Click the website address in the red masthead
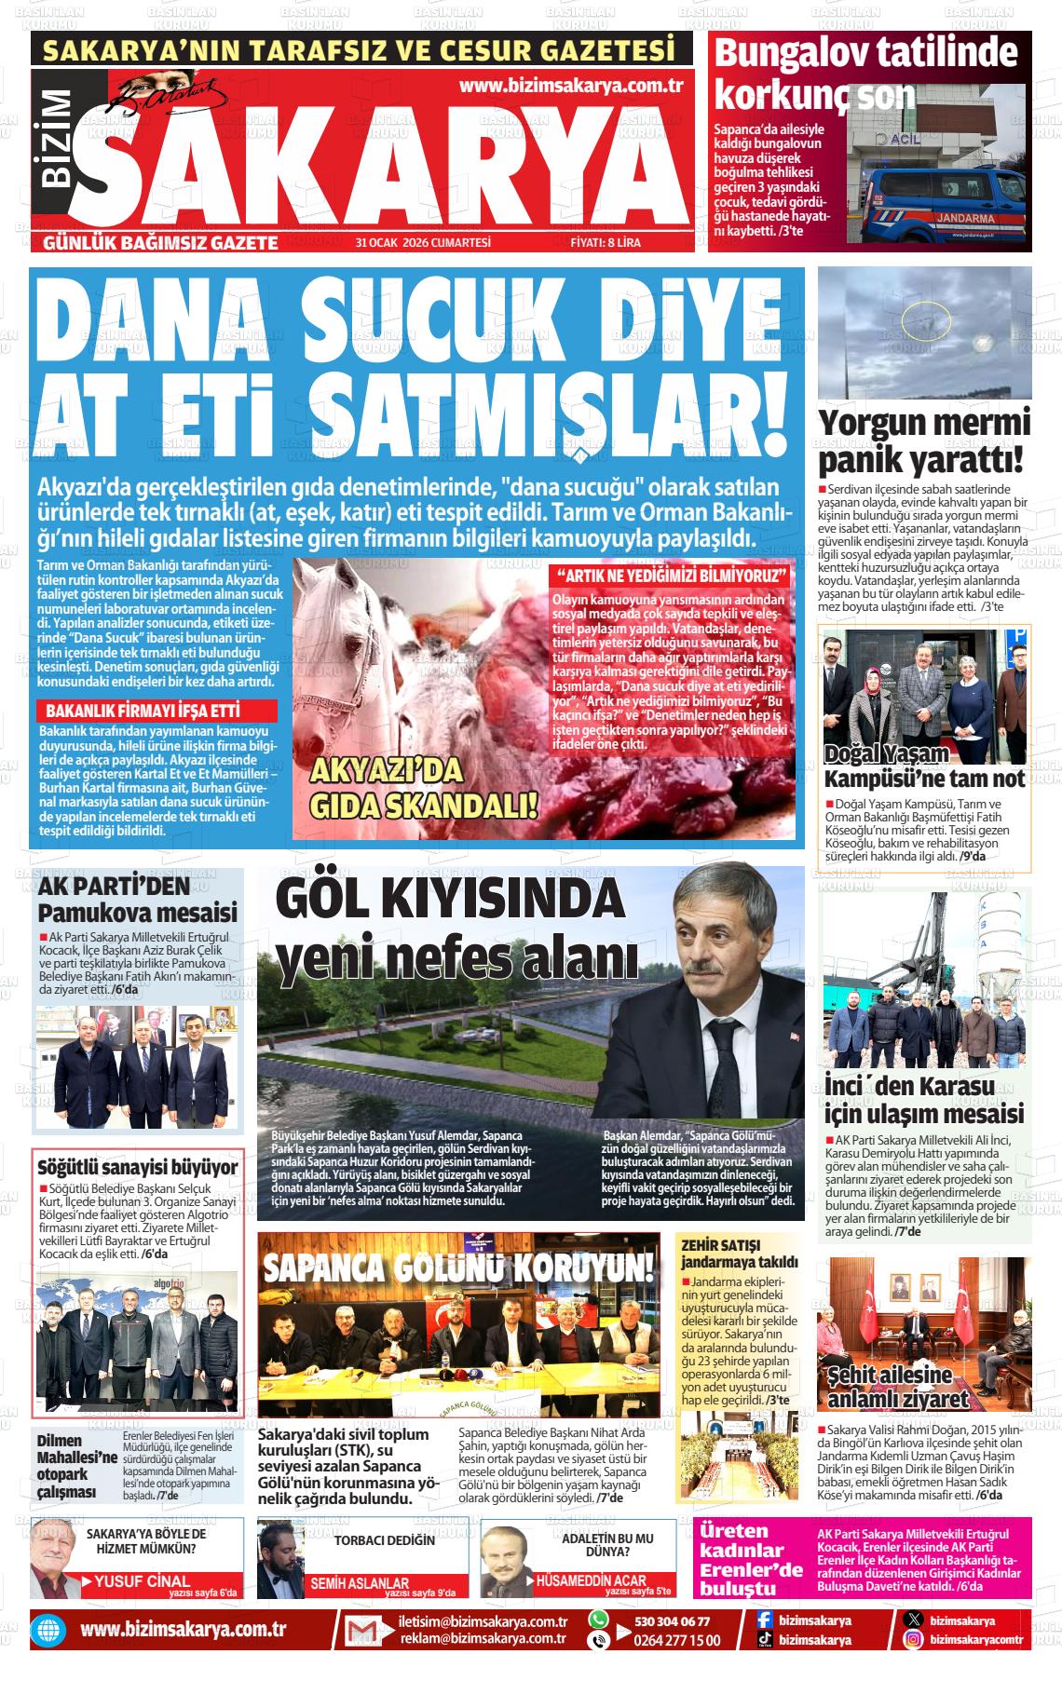coord(572,86)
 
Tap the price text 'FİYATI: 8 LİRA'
coord(605,243)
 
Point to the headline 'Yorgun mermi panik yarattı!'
coord(924,441)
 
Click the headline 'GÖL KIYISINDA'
coord(450,898)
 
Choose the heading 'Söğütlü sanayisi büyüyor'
coord(137,1167)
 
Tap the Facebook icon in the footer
coord(763,1620)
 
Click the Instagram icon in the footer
coord(914,1639)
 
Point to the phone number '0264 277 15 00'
coord(677,1640)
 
